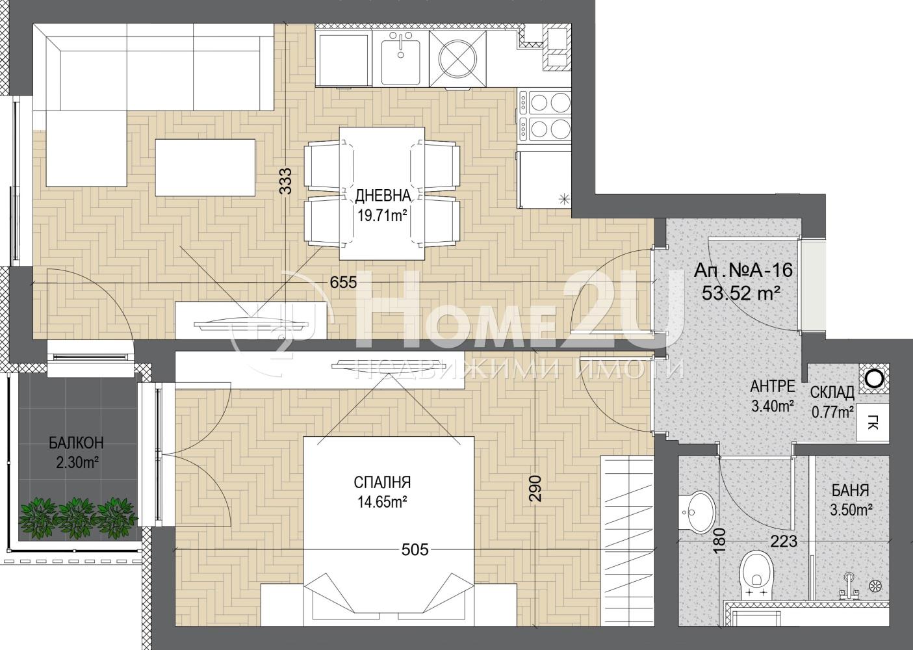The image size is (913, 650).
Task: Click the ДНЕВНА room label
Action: tap(383, 196)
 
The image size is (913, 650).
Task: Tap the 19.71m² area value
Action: tap(383, 214)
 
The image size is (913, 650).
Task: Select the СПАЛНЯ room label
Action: tap(382, 483)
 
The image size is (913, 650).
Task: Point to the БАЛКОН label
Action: tap(76, 443)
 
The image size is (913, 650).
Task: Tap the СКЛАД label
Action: tap(832, 393)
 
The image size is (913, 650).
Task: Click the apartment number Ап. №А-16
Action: tap(743, 270)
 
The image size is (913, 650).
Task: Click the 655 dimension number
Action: tap(343, 282)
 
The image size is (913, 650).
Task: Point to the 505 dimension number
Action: tap(415, 550)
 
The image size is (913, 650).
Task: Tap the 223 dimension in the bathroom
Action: tap(784, 541)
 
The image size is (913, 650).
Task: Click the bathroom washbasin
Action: tap(697, 512)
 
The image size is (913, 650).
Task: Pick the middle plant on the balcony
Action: tap(76, 515)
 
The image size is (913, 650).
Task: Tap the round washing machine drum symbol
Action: tap(457, 59)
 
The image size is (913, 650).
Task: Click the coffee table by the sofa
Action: tap(205, 168)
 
